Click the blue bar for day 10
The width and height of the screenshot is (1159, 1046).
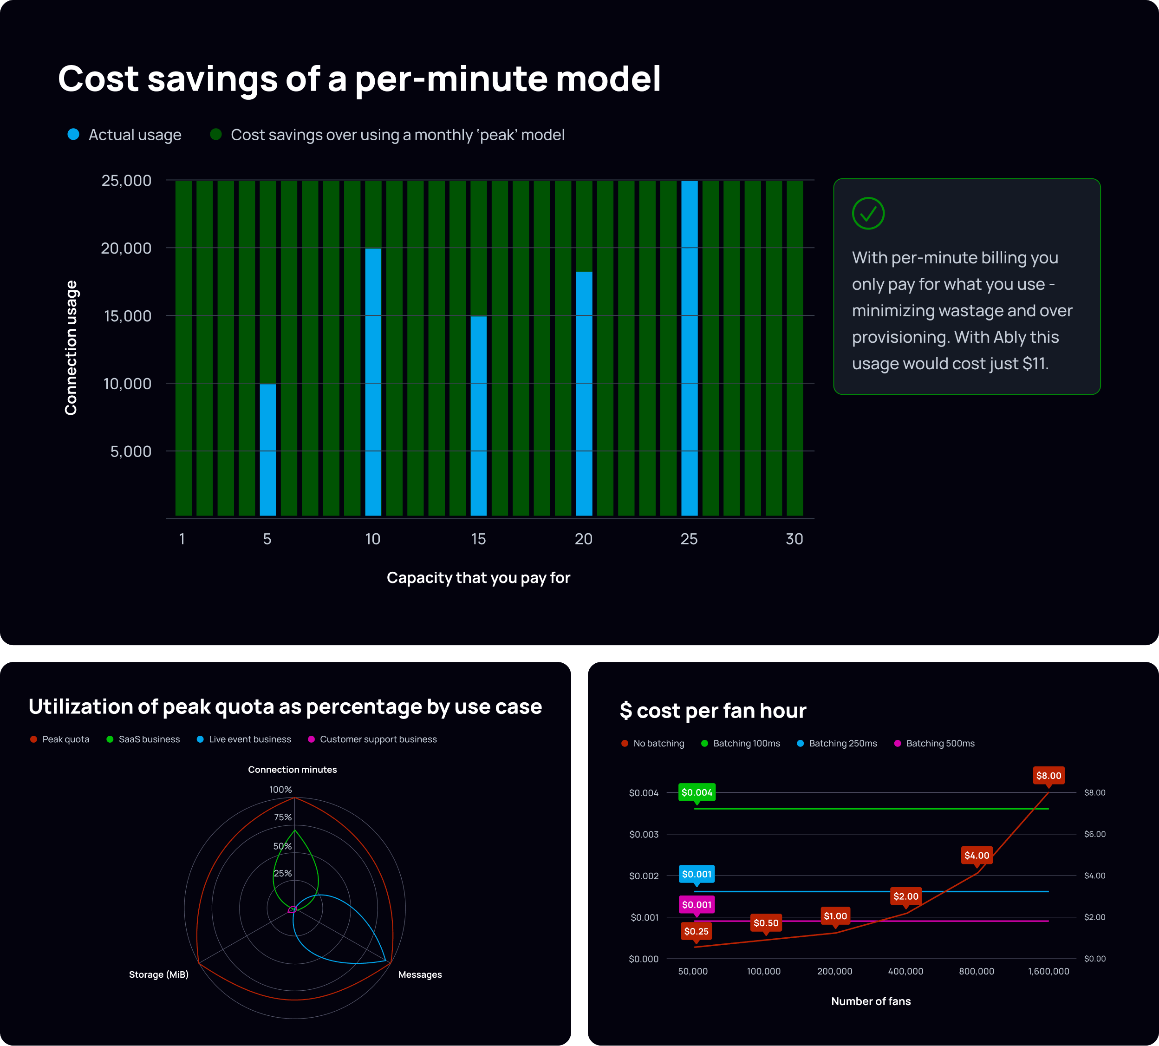pyautogui.click(x=373, y=382)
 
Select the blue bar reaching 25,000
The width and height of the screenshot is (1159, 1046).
pyautogui.click(x=689, y=348)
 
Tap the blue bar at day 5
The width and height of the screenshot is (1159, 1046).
pyautogui.click(x=268, y=450)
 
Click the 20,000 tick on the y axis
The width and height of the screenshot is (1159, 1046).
pyautogui.click(x=126, y=248)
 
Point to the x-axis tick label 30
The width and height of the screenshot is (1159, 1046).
pyautogui.click(x=794, y=539)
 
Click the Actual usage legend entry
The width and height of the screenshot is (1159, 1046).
pyautogui.click(x=125, y=135)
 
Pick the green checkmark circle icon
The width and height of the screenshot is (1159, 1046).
pyautogui.click(x=868, y=214)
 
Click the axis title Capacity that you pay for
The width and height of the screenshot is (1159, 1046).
pyautogui.click(x=478, y=578)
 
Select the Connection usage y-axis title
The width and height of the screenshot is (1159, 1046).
pyautogui.click(x=71, y=348)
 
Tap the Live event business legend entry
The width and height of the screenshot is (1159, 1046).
pyautogui.click(x=244, y=739)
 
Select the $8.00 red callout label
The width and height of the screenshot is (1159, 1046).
pyautogui.click(x=1048, y=776)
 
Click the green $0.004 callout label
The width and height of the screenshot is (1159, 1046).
pyautogui.click(x=697, y=792)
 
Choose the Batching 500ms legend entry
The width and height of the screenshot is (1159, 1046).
pyautogui.click(x=934, y=744)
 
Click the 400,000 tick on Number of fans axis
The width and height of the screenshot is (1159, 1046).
pyautogui.click(x=905, y=971)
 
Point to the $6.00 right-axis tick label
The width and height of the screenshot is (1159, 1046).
pyautogui.click(x=1094, y=834)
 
